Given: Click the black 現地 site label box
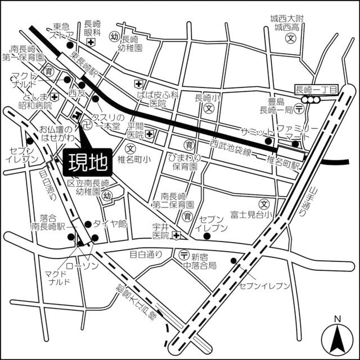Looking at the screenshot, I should [x=88, y=163].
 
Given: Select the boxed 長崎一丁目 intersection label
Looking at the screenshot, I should [x=316, y=89].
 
